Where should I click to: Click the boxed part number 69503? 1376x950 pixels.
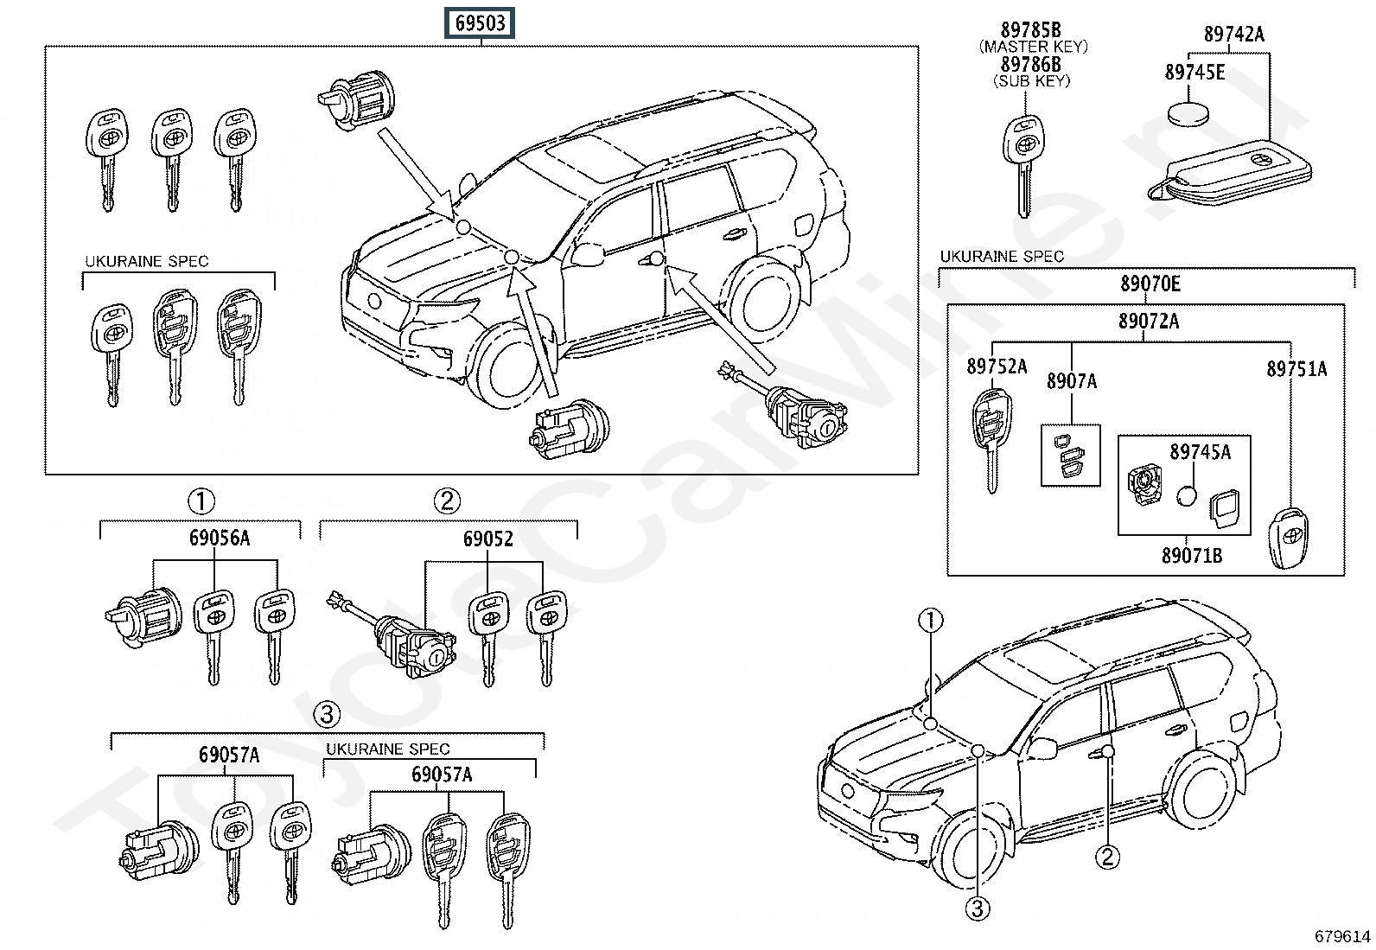pyautogui.click(x=480, y=23)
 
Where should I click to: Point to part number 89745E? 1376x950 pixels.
pyautogui.click(x=1194, y=73)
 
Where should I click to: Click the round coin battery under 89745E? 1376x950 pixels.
pyautogui.click(x=1188, y=115)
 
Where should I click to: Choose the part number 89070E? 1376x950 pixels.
pyautogui.click(x=1150, y=284)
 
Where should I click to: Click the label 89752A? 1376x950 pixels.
pyautogui.click(x=997, y=367)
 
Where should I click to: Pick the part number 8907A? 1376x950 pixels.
pyautogui.click(x=1071, y=381)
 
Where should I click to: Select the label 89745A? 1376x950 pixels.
pyautogui.click(x=1200, y=452)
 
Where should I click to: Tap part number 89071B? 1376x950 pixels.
pyautogui.click(x=1192, y=556)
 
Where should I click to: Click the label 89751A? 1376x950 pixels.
pyautogui.click(x=1296, y=369)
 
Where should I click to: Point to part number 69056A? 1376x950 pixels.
pyautogui.click(x=220, y=538)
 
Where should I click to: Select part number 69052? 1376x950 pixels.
pyautogui.click(x=487, y=539)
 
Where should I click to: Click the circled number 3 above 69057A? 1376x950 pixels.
pyautogui.click(x=326, y=715)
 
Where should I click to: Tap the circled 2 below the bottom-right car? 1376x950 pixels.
pyautogui.click(x=1107, y=857)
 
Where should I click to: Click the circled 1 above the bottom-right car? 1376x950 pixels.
pyautogui.click(x=930, y=620)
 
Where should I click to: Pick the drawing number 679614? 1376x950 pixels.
pyautogui.click(x=1342, y=936)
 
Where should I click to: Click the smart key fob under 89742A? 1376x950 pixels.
pyautogui.click(x=1230, y=173)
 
